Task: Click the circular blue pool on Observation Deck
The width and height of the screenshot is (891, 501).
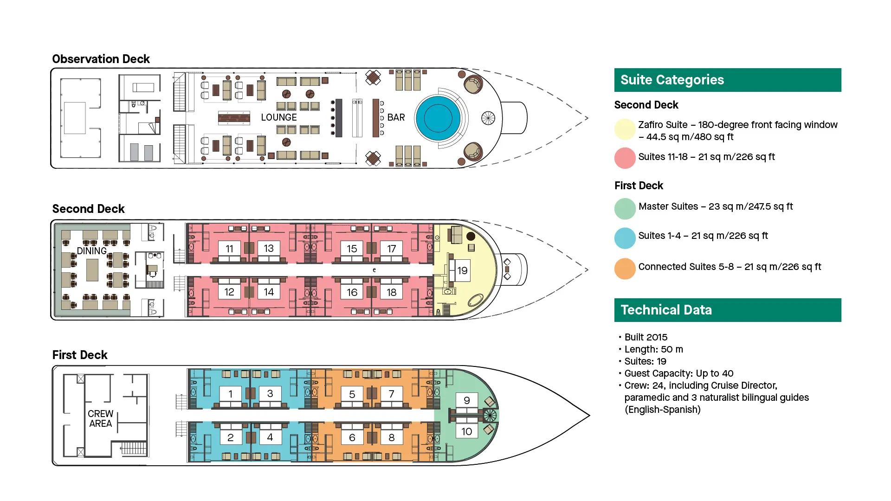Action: point(437,118)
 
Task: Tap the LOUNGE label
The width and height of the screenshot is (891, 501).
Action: point(278,117)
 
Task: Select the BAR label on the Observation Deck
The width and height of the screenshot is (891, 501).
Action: point(396,117)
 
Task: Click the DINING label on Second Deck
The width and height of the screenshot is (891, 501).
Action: point(91,251)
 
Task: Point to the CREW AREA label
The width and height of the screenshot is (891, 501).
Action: point(101,418)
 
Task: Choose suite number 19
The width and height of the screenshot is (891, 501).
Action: point(462,270)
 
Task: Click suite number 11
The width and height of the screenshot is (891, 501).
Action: point(229,249)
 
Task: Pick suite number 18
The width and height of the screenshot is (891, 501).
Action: point(391,292)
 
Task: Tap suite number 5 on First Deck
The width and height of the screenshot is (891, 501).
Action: point(352,394)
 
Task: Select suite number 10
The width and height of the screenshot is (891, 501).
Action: point(466,431)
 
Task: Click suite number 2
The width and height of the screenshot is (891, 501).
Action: point(230,437)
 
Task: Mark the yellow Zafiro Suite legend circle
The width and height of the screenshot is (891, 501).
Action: point(625,129)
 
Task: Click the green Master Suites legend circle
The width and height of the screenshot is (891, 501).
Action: point(625,209)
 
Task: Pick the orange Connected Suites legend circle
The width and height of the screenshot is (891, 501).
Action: point(625,269)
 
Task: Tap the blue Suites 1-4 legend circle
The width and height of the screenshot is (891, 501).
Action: point(625,238)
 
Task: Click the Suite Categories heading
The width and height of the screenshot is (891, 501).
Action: point(672,80)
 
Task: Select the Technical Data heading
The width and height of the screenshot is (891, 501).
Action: point(666,310)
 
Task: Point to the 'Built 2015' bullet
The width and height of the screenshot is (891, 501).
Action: point(646,337)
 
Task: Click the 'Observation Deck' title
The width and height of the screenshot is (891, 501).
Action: point(101,59)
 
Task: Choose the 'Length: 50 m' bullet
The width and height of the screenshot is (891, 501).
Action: point(653,349)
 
